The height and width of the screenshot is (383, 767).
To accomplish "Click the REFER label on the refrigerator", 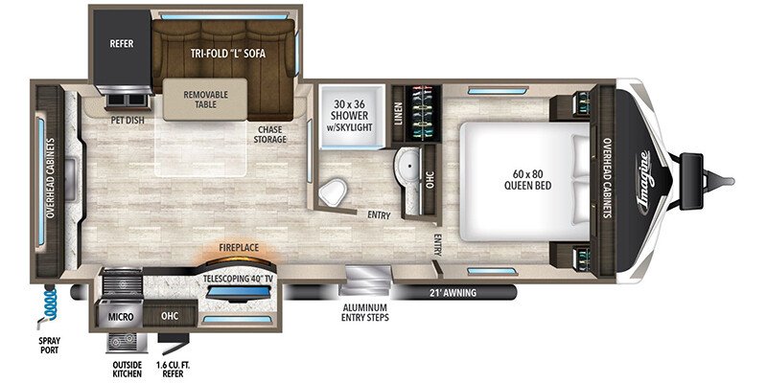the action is tap(122, 43).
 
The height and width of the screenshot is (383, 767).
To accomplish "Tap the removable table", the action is tap(205, 100).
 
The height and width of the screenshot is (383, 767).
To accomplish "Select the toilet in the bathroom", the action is tap(333, 191).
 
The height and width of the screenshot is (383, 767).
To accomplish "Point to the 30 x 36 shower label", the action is tap(351, 115).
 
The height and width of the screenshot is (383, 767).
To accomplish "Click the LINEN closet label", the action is tap(398, 113).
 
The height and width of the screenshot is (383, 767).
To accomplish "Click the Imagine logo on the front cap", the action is tap(645, 182).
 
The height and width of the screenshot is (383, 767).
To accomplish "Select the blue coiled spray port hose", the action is tap(50, 304).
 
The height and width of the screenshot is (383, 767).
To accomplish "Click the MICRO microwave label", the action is tap(121, 317).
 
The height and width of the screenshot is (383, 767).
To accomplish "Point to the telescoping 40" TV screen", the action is tap(237, 293).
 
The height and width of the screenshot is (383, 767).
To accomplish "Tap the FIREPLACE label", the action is tap(238, 248).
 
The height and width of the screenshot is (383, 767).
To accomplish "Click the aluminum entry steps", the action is tap(365, 281).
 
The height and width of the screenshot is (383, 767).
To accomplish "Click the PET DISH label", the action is tap(128, 120).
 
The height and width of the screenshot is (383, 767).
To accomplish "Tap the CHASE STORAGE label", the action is tap(269, 135).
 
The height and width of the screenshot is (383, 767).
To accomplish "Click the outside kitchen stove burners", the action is tap(127, 342).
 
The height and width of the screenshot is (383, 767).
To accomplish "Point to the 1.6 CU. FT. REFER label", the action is tap(170, 370).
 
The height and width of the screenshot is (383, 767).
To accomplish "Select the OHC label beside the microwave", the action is tap(170, 316).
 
